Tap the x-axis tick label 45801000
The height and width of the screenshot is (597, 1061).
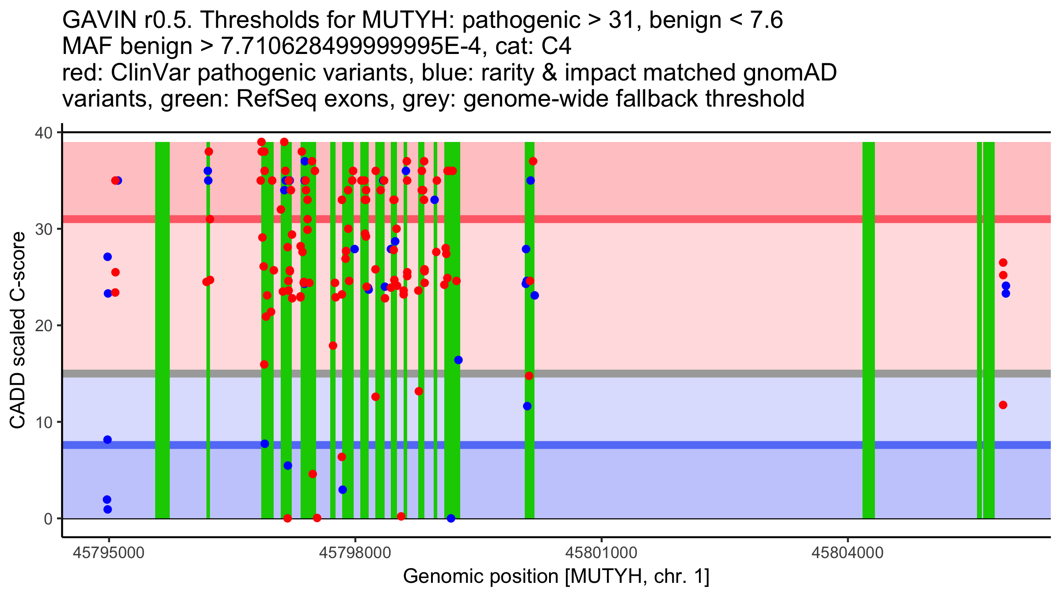coord(601,553)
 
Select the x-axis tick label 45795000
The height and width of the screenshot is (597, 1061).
coord(109,553)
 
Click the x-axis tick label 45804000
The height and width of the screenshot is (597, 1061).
coord(847,553)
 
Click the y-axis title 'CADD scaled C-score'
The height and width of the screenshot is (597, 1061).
coord(18,331)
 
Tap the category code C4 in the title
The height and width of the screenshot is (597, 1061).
coord(556,46)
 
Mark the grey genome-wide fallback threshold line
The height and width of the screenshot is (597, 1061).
coord(663,374)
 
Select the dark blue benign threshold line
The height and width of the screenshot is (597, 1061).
coord(663,445)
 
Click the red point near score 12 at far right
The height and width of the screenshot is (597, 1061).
coord(1003,405)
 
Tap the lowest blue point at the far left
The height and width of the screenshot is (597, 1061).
coord(107,509)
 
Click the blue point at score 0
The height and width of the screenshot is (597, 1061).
coord(451,518)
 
